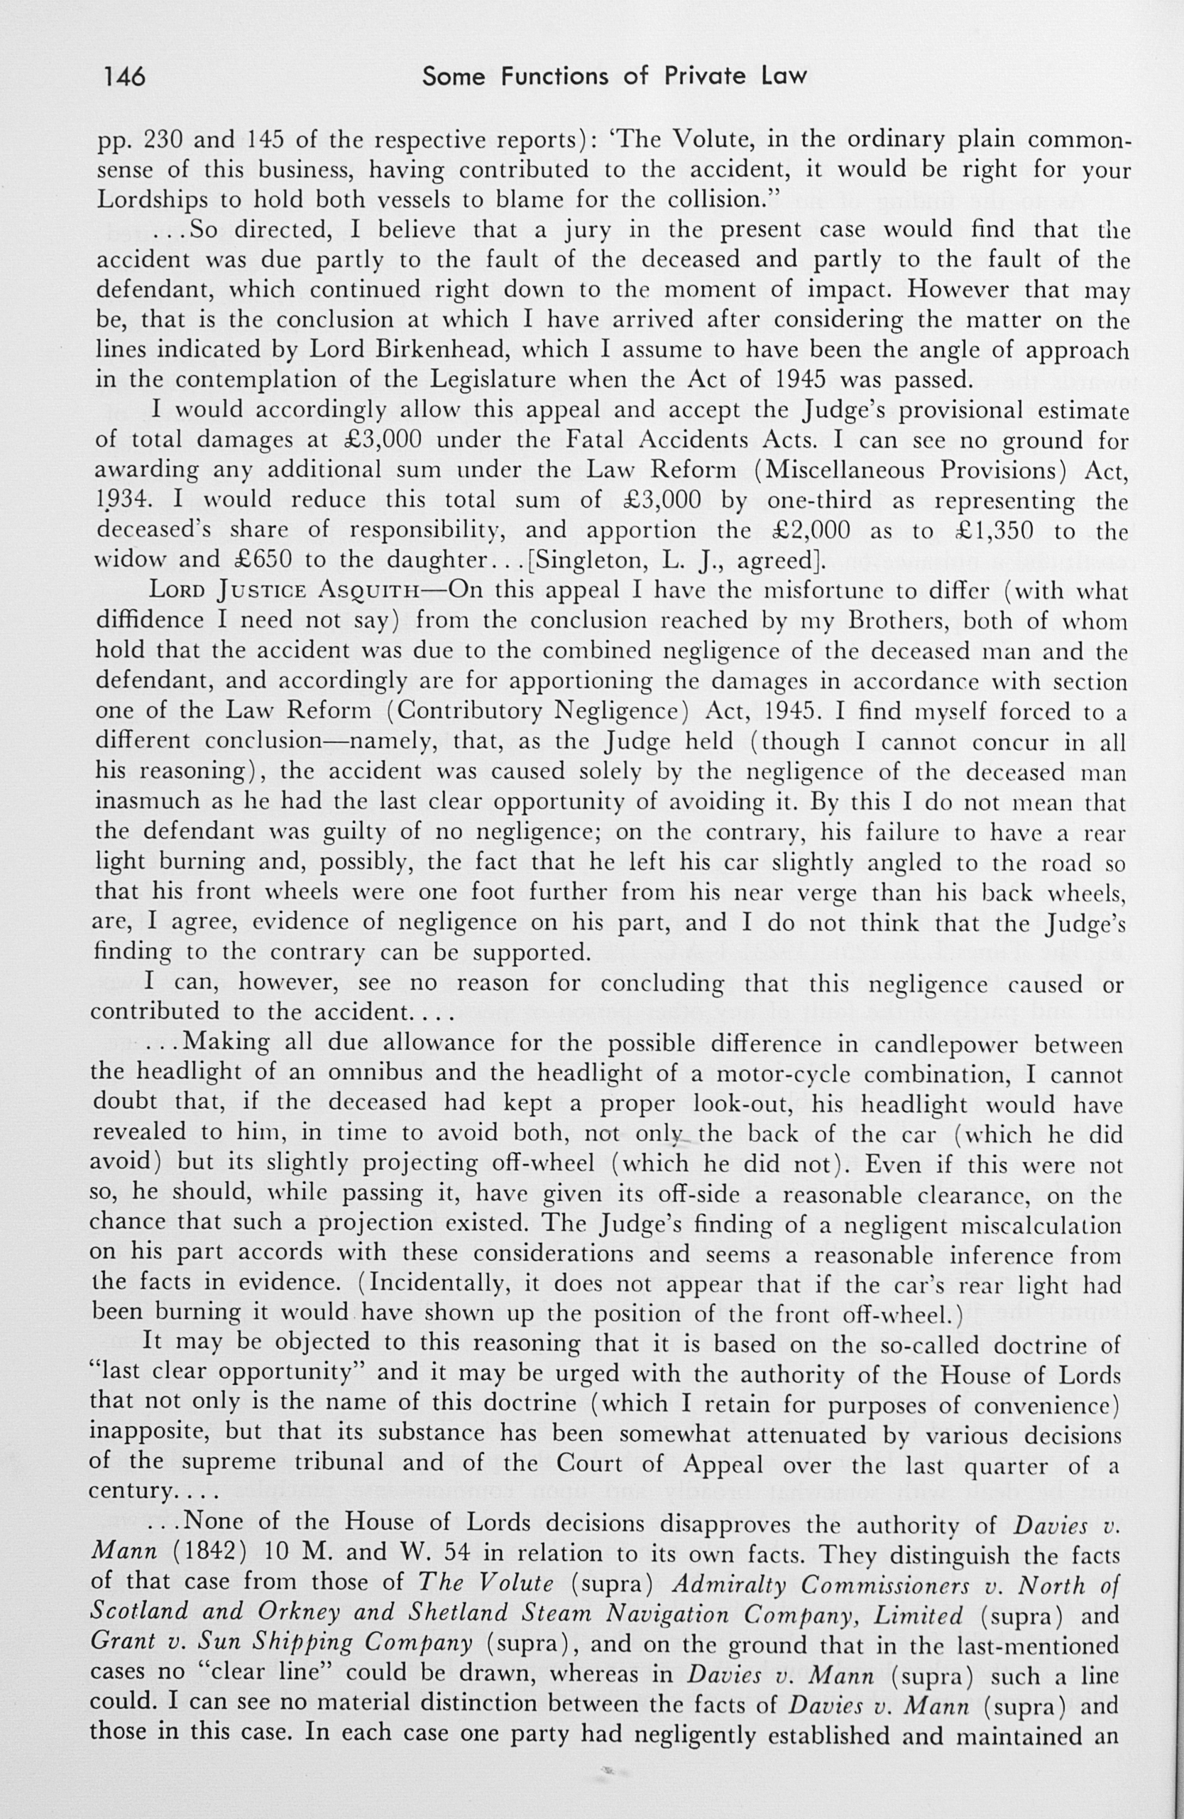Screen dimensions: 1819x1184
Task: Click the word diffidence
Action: [150, 621]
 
